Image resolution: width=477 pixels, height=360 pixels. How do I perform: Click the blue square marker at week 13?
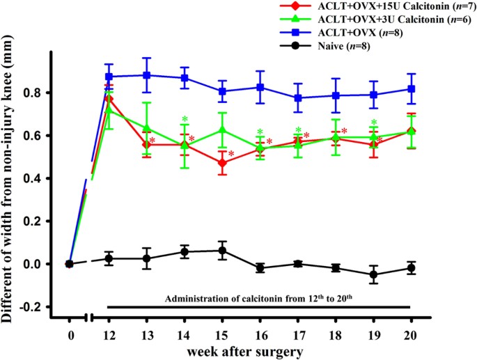146,75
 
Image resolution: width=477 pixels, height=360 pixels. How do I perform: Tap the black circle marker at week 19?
373,274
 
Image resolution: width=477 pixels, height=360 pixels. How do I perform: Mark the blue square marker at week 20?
411,89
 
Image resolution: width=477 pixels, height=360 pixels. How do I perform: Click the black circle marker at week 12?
109,258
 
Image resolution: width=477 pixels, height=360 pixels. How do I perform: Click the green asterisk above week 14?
185,119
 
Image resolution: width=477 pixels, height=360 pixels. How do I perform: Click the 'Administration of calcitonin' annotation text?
258,299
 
